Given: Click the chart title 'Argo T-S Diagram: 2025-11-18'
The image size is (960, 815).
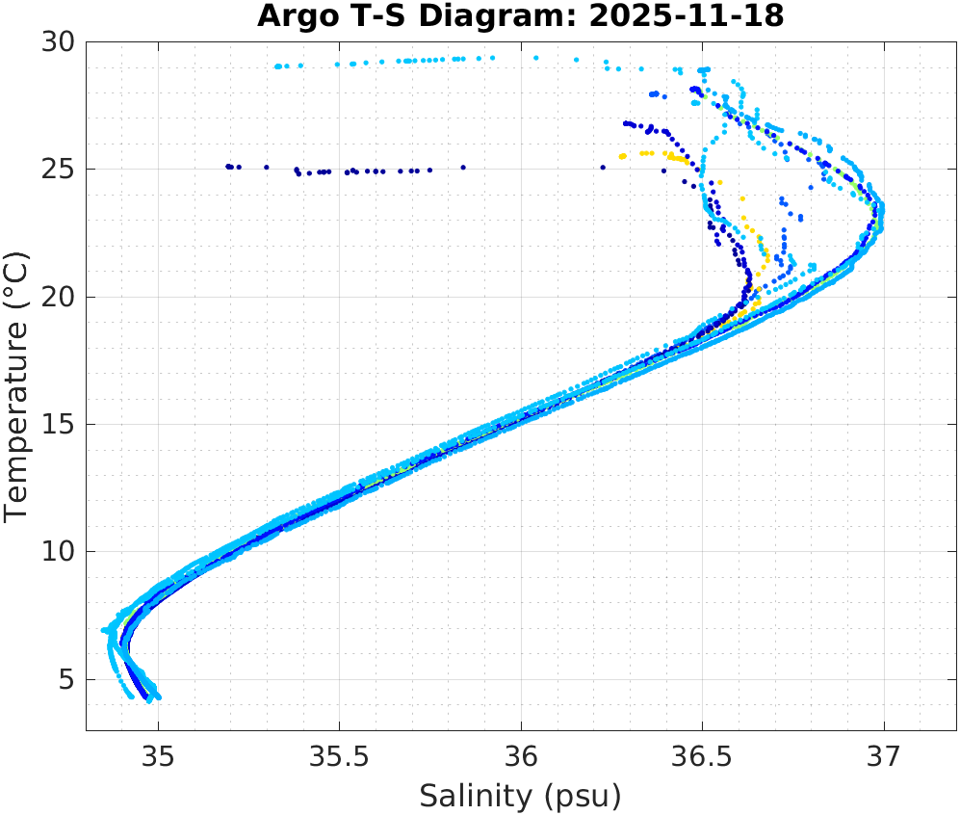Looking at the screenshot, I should [521, 16].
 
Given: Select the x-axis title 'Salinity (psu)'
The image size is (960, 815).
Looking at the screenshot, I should [520, 797].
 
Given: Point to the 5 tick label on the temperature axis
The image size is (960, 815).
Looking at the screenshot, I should [65, 680].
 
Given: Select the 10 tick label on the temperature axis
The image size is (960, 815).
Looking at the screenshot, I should [58, 552].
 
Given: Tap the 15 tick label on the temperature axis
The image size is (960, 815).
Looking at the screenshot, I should [58, 425].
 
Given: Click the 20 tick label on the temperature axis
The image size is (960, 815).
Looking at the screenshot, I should [58, 297].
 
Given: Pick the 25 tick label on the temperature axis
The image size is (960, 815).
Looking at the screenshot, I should [58, 170].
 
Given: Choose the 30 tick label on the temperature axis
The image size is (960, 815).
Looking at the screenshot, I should [58, 42].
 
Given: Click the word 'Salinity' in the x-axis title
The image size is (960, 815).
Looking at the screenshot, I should [475, 797].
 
